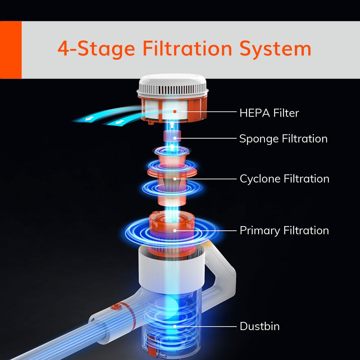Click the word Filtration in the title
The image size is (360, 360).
tap(187, 49)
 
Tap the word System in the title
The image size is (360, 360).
tap(275, 49)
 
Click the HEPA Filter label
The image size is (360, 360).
tap(269, 113)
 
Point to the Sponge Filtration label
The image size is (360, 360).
tap(283, 139)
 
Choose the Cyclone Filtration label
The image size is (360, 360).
tap(284, 179)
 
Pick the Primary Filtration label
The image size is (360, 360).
tap(284, 230)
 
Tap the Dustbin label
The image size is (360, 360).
tap(260, 326)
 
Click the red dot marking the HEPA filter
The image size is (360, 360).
tap(175, 112)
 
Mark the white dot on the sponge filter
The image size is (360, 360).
tap(175, 138)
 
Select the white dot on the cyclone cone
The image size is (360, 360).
tap(175, 179)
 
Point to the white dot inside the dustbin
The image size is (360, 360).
tap(175, 326)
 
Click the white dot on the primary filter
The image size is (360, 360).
tap(175, 230)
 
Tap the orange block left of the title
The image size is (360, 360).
tap(11, 50)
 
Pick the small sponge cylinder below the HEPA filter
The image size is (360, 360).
tap(172, 136)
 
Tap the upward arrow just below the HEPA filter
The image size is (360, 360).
tap(172, 125)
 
